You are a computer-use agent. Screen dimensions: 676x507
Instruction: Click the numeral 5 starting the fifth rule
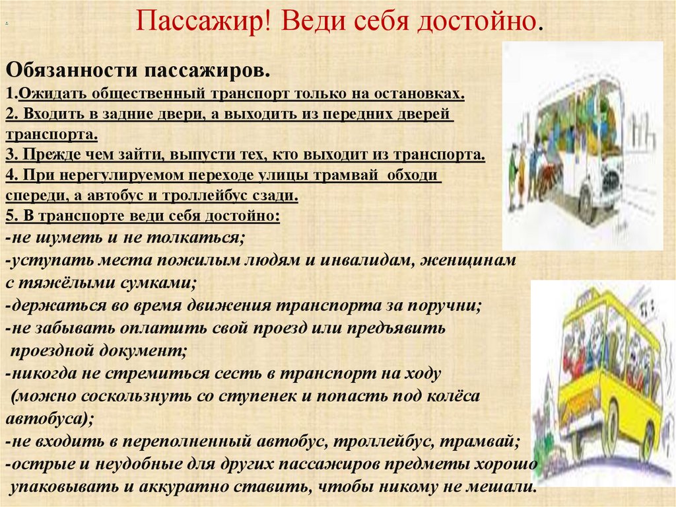tap(9, 216)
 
